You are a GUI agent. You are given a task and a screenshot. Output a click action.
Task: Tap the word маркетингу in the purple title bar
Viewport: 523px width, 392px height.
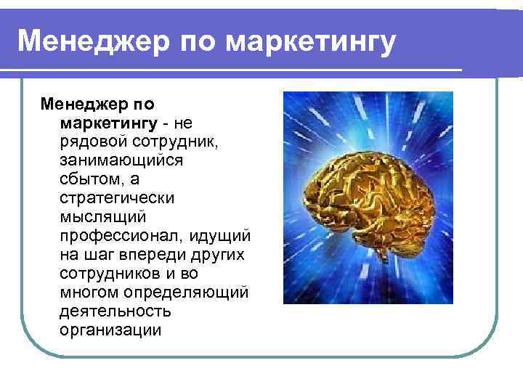pos(311,41)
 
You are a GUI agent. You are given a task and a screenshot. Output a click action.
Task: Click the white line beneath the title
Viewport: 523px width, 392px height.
pos(232,70)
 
